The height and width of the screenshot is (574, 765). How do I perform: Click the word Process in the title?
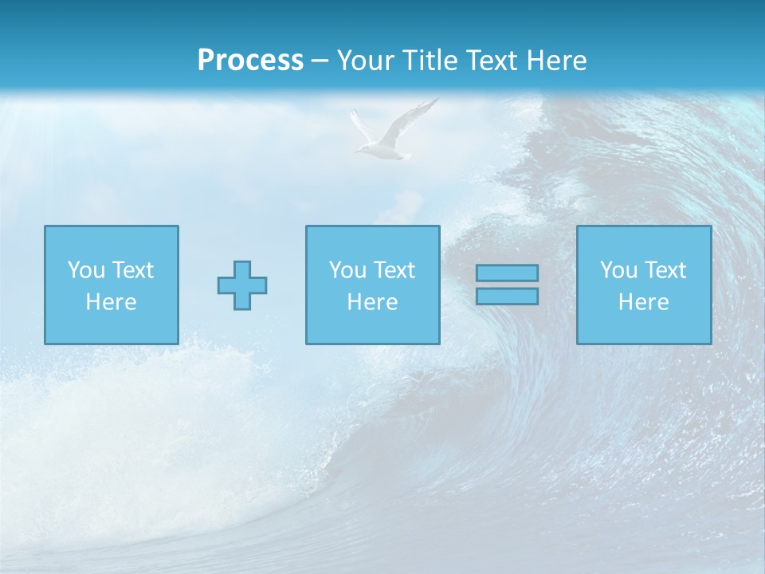click(250, 61)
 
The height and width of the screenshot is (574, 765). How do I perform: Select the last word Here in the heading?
click(555, 61)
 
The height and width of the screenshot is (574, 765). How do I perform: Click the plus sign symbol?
click(242, 285)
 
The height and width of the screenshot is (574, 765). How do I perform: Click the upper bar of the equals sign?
click(507, 273)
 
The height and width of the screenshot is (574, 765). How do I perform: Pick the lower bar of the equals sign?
click(507, 296)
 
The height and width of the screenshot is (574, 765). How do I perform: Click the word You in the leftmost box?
click(86, 270)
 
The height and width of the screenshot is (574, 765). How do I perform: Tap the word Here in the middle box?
click(373, 302)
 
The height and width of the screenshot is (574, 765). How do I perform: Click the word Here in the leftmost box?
click(112, 302)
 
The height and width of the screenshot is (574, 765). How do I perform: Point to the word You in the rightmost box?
click(618, 270)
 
